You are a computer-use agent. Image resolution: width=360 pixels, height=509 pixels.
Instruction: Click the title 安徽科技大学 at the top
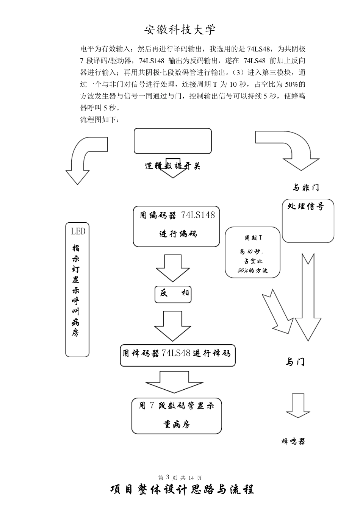pyautogui.click(x=180, y=30)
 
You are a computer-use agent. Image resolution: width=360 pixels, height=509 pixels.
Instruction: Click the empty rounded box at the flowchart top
pyautogui.click(x=173, y=141)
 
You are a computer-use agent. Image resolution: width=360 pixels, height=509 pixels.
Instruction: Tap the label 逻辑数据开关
pyautogui.click(x=172, y=166)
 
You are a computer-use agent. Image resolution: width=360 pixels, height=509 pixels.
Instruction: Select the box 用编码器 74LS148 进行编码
pyautogui.click(x=176, y=226)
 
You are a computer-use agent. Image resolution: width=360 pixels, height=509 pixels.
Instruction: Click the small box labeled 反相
pyautogui.click(x=173, y=294)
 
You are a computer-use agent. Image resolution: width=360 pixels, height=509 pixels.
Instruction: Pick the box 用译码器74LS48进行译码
pyautogui.click(x=178, y=355)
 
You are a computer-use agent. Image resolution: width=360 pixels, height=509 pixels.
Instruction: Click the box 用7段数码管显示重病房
pyautogui.click(x=177, y=415)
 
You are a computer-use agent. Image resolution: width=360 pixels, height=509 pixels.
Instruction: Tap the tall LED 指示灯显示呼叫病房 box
pyautogui.click(x=77, y=289)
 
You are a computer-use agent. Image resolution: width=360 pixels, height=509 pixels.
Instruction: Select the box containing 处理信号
pyautogui.click(x=308, y=220)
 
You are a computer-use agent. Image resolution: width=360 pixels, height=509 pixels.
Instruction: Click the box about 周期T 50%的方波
pyautogui.click(x=253, y=253)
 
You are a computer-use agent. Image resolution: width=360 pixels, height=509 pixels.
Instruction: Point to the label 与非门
pyautogui.click(x=305, y=187)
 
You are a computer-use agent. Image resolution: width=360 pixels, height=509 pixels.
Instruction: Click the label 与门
pyautogui.click(x=295, y=362)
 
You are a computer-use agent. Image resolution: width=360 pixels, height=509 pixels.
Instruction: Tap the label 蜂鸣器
pyautogui.click(x=293, y=441)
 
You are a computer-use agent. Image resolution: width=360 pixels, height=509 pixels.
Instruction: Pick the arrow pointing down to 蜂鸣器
pyautogui.click(x=298, y=406)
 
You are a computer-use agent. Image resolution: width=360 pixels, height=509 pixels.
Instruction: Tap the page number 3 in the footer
pyautogui.click(x=167, y=477)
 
